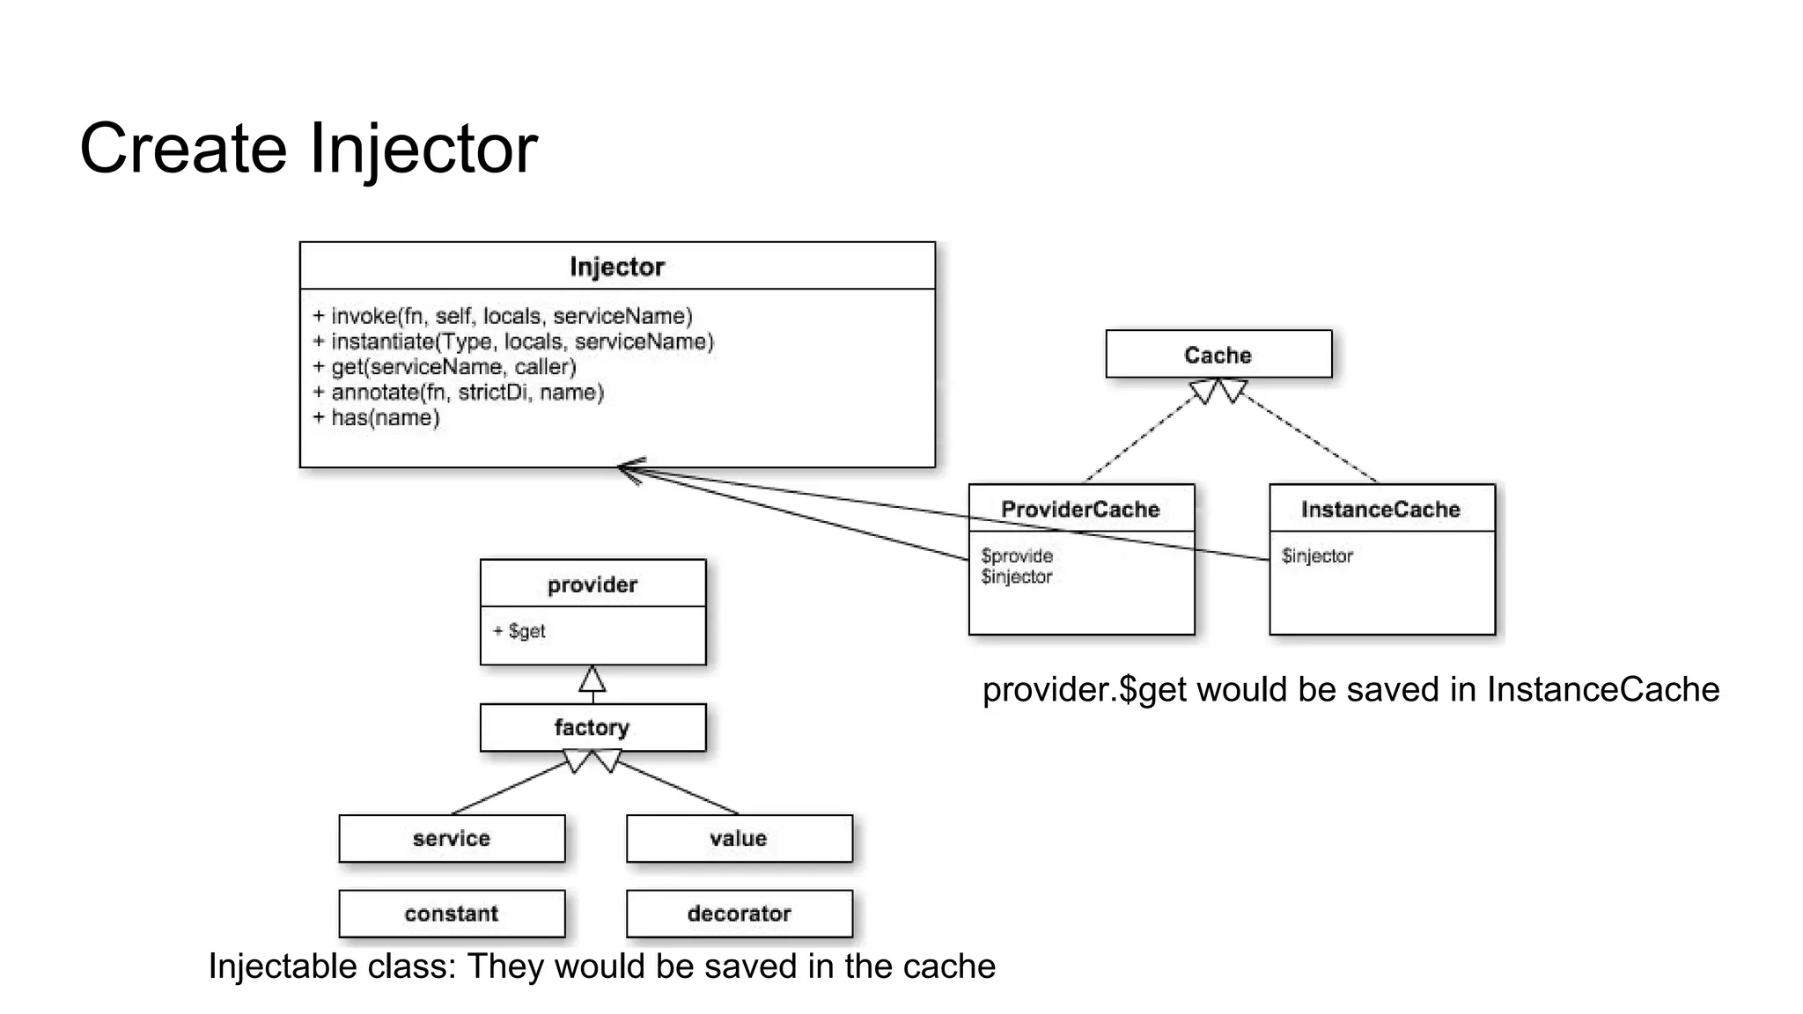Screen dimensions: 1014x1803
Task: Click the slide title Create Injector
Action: tap(308, 148)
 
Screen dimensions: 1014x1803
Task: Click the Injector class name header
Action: tap(616, 267)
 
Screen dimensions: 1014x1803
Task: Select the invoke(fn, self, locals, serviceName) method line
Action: tap(503, 316)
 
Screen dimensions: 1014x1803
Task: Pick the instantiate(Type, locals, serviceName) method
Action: tap(513, 342)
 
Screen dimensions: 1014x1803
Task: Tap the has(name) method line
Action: tap(376, 417)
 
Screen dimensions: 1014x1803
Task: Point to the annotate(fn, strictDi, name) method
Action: tap(459, 392)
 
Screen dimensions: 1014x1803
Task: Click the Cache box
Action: tap(1218, 355)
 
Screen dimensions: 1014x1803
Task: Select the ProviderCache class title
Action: tap(1080, 509)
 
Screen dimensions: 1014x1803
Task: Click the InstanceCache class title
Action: tap(1380, 509)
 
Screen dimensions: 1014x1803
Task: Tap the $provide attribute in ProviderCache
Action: tap(1017, 555)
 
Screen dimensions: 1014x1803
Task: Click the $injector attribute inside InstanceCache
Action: tap(1317, 555)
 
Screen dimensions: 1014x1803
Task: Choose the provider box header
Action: tap(592, 584)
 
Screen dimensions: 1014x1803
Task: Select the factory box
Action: tap(592, 727)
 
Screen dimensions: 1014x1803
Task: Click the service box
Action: tap(452, 838)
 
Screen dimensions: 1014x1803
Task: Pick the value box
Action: tap(739, 838)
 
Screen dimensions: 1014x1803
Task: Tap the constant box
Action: tap(452, 913)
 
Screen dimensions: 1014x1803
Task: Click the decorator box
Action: tap(739, 913)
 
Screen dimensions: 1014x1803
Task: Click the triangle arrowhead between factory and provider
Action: tap(592, 680)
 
